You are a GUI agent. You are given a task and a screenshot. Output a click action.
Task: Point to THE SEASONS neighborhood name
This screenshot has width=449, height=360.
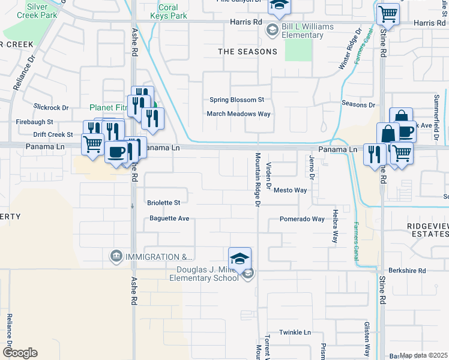pyautogui.click(x=247, y=52)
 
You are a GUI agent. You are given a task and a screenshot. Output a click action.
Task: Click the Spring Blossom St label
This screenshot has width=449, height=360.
pyautogui.click(x=237, y=100)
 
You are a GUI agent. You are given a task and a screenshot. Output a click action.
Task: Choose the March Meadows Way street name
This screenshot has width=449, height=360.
pyautogui.click(x=238, y=114)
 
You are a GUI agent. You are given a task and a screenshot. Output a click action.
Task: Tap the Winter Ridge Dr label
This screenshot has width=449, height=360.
pyautogui.click(x=350, y=48)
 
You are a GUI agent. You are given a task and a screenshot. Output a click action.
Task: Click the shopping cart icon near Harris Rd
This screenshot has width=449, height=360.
pyautogui.click(x=388, y=14)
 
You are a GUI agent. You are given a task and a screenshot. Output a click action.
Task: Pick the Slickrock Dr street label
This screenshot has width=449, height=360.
pyautogui.click(x=52, y=107)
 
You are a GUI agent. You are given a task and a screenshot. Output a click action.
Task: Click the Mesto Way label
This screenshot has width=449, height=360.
pyautogui.click(x=290, y=190)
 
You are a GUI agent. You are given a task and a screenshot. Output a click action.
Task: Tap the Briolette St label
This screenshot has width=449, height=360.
pyautogui.click(x=164, y=203)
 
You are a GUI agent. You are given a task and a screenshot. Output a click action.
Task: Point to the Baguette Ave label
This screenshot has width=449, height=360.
pyautogui.click(x=169, y=218)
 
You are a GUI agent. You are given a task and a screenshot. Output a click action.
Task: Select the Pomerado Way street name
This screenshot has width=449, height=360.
pyautogui.click(x=302, y=220)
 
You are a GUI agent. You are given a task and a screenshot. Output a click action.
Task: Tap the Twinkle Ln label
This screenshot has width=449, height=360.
pyautogui.click(x=295, y=332)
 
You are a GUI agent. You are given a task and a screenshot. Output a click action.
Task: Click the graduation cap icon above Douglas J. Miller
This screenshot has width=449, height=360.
pyautogui.click(x=240, y=259)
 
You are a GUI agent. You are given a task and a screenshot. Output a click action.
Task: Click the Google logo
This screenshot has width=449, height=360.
pyautogui.click(x=19, y=353)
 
